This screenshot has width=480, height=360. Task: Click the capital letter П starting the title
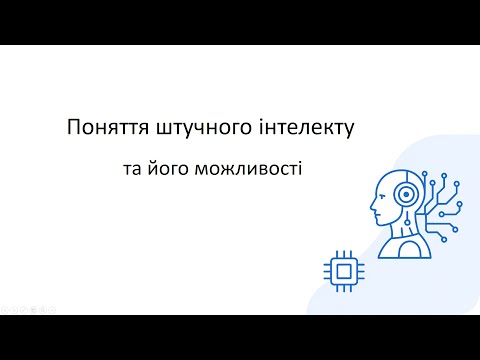click(x=73, y=128)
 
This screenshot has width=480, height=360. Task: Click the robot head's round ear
click(x=406, y=195)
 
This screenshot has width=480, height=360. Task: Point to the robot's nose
click(x=373, y=207)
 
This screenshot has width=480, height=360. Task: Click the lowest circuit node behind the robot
click(x=441, y=240)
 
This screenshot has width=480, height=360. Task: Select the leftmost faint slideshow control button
click(x=4, y=309)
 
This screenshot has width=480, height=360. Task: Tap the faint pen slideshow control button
click(x=25, y=309)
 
